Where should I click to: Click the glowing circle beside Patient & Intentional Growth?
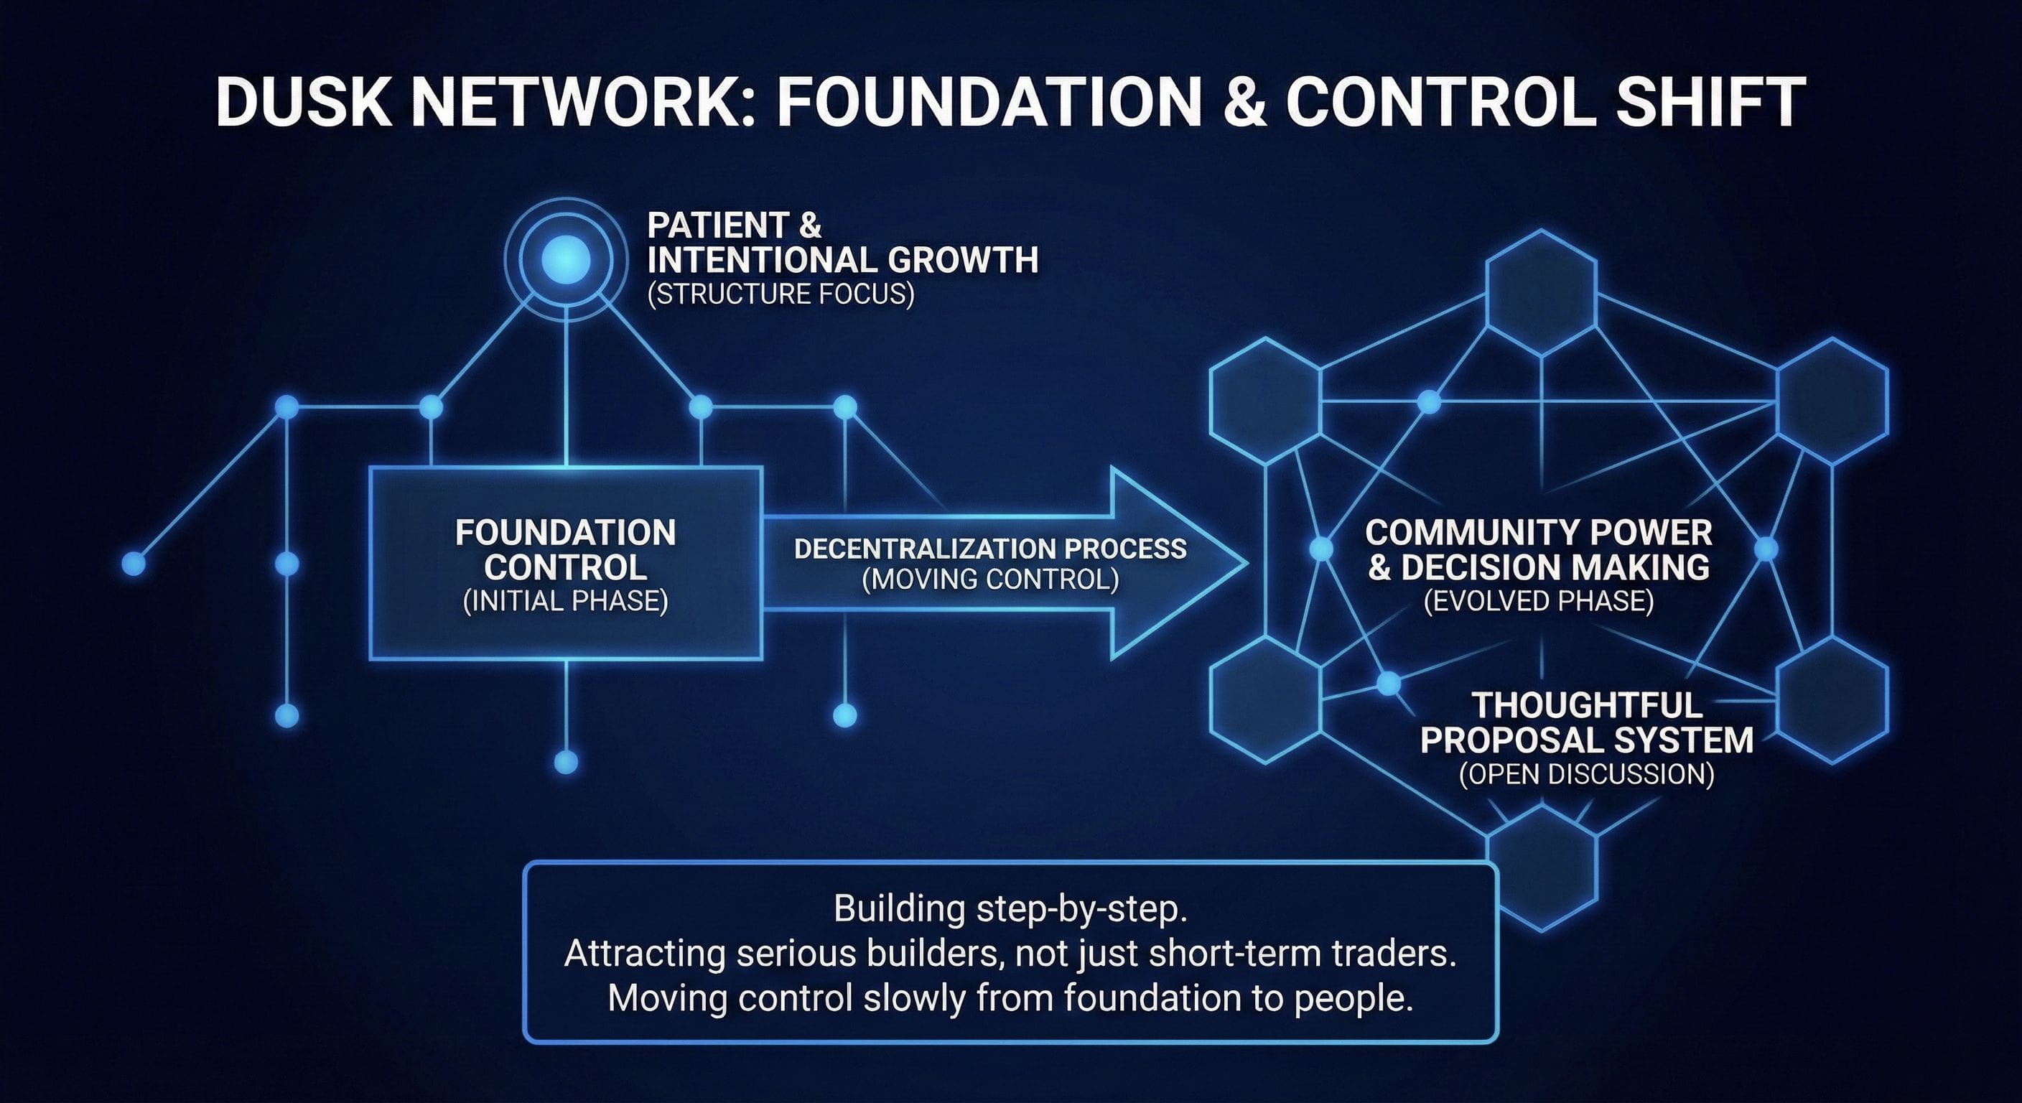(566, 259)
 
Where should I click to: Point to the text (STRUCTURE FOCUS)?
(781, 294)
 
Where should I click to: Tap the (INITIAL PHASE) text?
(565, 601)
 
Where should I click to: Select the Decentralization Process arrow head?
(1178, 563)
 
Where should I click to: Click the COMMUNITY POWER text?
(1538, 533)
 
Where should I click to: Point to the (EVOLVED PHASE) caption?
(1538, 601)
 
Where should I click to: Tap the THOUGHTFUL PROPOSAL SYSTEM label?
(1586, 723)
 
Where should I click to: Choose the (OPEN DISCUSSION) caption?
(1586, 775)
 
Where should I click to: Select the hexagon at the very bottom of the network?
(1542, 867)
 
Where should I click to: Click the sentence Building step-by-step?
(1010, 909)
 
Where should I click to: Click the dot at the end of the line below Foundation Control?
(566, 761)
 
